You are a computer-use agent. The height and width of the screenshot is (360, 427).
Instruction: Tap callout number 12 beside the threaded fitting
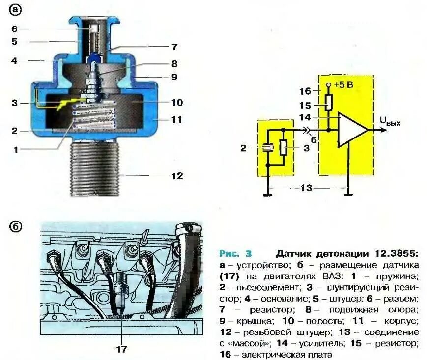coord(176,175)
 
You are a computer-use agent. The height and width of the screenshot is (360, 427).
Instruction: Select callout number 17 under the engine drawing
coord(121,349)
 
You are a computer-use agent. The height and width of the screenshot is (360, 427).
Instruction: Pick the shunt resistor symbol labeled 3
coord(283,147)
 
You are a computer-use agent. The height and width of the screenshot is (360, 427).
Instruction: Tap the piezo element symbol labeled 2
coord(268,147)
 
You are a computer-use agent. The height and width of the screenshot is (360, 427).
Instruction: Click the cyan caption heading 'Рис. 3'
coord(235,254)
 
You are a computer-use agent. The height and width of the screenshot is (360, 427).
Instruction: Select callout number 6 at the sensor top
coord(15,28)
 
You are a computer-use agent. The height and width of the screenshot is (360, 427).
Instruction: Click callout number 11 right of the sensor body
coord(176,119)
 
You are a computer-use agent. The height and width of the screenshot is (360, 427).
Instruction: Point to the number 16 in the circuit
coord(305,91)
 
